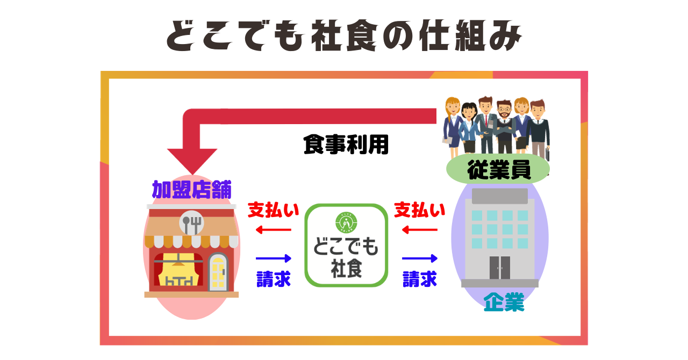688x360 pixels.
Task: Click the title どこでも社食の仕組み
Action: coord(344,37)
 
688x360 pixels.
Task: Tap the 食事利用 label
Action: coord(345,145)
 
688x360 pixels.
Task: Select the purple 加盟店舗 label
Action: coord(191,190)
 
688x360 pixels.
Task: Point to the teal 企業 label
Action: coord(504,303)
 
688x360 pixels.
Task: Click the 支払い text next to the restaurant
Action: coord(273,210)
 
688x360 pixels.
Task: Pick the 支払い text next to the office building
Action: coord(420,210)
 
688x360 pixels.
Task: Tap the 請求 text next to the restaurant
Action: coord(273,278)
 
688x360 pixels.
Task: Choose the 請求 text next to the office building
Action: coord(420,278)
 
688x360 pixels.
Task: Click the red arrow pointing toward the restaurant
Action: coord(273,230)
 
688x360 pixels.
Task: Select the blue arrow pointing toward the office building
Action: coord(420,258)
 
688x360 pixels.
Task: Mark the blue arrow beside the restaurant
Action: coord(273,258)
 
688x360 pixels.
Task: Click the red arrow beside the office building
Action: coord(420,230)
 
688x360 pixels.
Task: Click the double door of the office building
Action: coord(499,267)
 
